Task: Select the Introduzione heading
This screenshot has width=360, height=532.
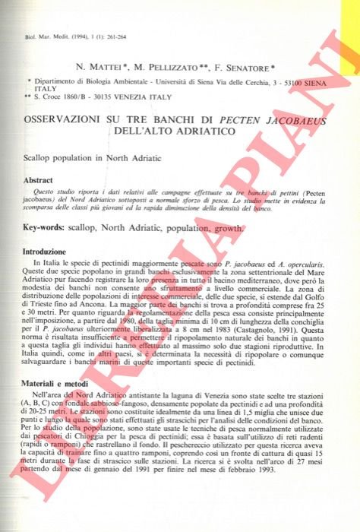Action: (x=44, y=251)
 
